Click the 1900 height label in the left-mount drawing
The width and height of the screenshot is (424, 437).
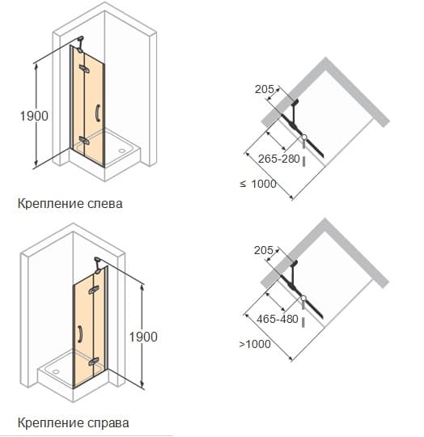click(34, 116)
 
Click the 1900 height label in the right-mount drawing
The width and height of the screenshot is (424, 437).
click(143, 337)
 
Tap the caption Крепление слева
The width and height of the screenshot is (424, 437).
click(70, 203)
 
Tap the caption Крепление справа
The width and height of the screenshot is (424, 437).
click(74, 422)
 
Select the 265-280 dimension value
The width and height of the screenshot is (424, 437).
click(279, 159)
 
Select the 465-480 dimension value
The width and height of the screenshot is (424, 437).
click(278, 319)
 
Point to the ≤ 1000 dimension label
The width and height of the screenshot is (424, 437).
click(258, 184)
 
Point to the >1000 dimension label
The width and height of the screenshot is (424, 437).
click(255, 344)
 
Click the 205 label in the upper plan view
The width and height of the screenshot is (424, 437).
click(265, 89)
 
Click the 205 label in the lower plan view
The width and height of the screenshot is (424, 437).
click(264, 250)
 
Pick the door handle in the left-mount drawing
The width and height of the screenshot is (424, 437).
click(97, 112)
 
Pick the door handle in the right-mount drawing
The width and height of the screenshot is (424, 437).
click(80, 333)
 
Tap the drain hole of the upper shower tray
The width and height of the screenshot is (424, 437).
click(122, 151)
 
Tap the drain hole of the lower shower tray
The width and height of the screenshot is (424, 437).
click(56, 371)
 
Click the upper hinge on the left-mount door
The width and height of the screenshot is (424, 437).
click(84, 69)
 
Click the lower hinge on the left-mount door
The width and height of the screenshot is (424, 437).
click(84, 141)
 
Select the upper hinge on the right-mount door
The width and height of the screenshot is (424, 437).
click(93, 290)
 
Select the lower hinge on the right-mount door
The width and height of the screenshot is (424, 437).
click(93, 362)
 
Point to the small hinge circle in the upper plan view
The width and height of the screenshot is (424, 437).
click(304, 137)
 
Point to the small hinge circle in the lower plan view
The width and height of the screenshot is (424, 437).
click(303, 298)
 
